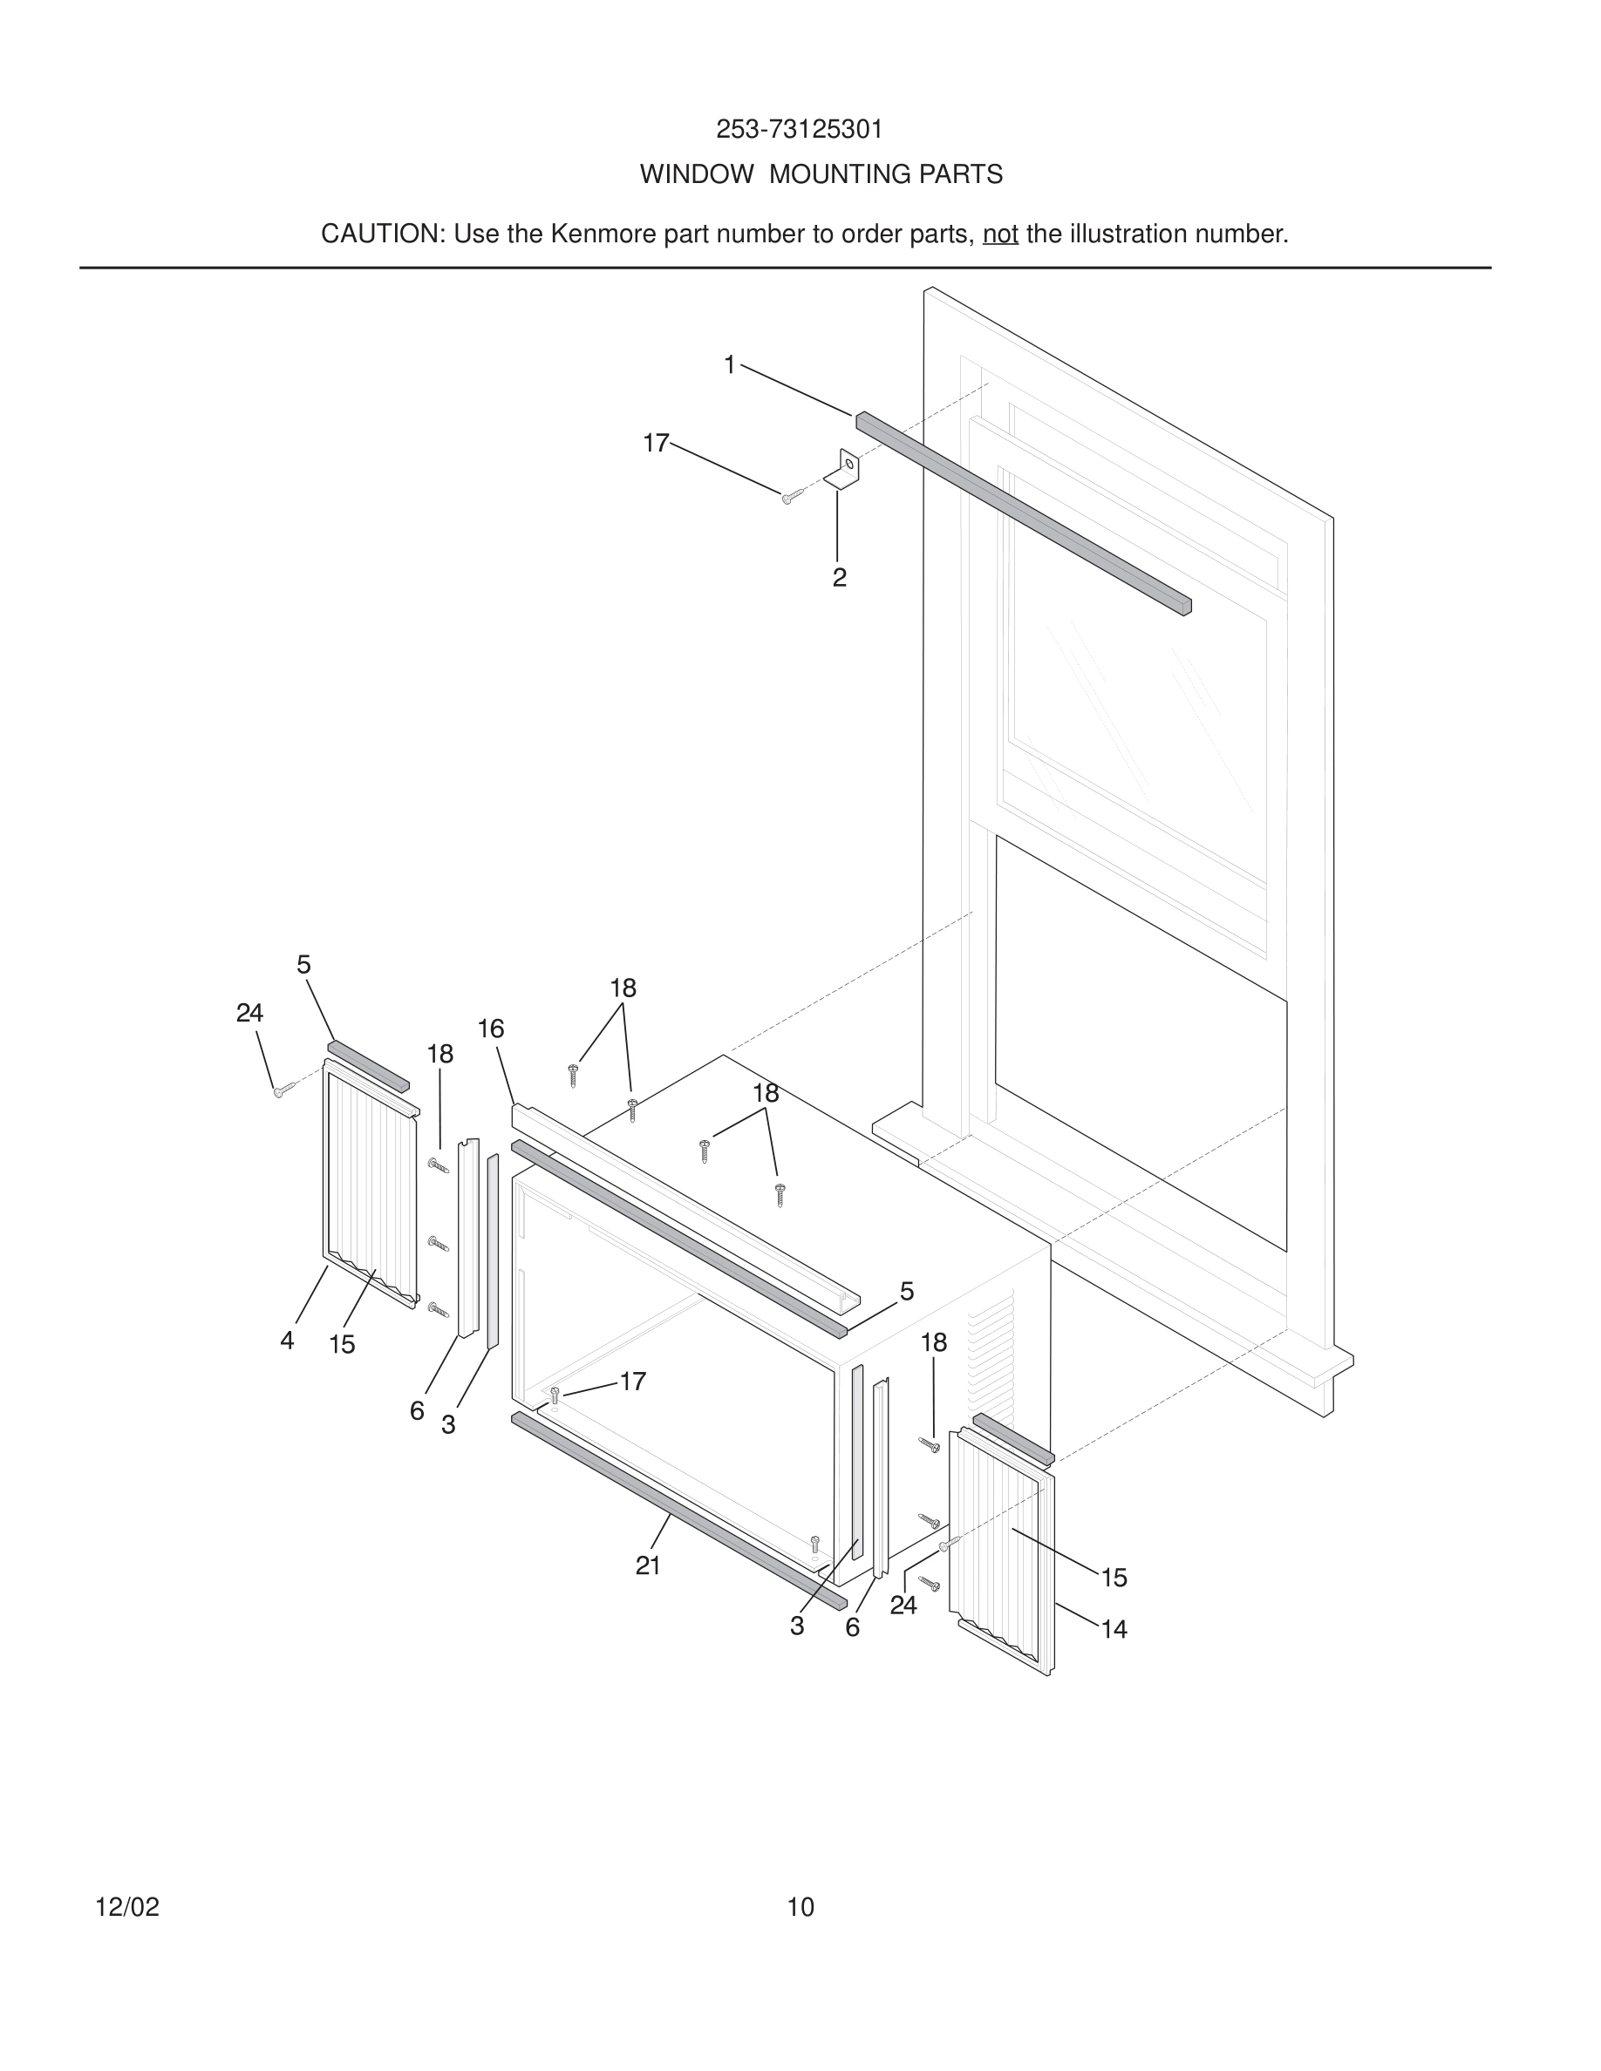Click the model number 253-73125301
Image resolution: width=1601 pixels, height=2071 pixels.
(x=799, y=130)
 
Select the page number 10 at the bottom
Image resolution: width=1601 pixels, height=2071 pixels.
(x=800, y=1907)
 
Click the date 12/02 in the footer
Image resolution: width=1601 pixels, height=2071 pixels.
(x=127, y=1907)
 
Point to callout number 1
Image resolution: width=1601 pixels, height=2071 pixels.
(x=729, y=364)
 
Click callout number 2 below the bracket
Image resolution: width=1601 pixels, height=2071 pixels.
(x=839, y=578)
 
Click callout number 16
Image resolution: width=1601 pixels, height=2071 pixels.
(x=490, y=1029)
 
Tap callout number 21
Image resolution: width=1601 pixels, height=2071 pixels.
(x=648, y=1565)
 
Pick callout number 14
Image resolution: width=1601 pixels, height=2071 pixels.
(x=1114, y=1629)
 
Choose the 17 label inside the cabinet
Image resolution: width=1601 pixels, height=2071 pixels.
(x=632, y=1382)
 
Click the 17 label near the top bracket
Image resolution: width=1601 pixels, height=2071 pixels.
(x=656, y=443)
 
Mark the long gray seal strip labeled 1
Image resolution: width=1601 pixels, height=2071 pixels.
(x=1025, y=513)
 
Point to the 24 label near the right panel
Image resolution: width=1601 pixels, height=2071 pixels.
(x=903, y=1605)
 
